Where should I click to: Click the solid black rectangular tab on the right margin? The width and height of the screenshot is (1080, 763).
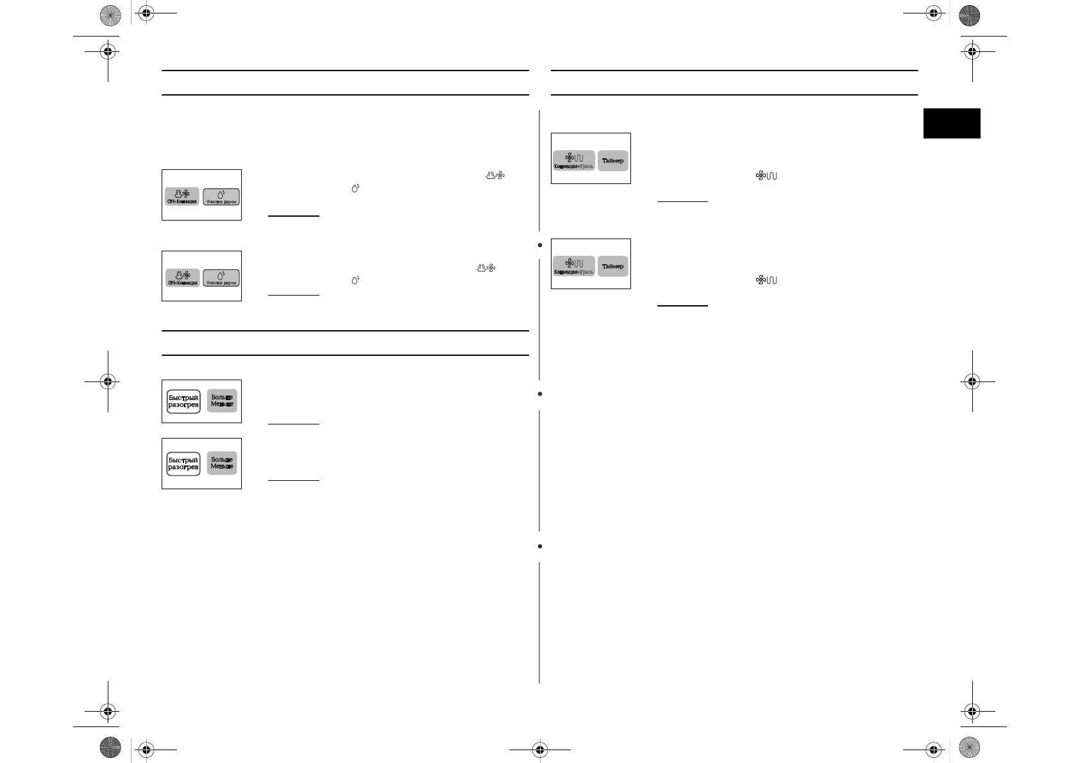[x=952, y=123]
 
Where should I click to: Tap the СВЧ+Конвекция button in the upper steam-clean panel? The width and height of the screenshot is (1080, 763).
[x=182, y=196]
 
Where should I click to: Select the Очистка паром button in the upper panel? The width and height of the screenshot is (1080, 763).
[x=221, y=196]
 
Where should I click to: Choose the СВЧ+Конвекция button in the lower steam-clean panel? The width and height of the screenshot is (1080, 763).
[x=182, y=278]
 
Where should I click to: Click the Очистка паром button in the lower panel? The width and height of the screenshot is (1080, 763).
[x=221, y=278]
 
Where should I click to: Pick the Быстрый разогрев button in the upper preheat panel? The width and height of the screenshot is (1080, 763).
[x=183, y=401]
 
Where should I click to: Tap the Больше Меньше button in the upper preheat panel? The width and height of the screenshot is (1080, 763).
[x=222, y=400]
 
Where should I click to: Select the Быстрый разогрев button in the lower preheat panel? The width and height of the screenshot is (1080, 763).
[x=183, y=463]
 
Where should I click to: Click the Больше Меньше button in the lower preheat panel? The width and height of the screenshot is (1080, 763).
[x=222, y=463]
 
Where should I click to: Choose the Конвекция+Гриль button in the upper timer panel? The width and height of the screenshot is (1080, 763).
[x=574, y=160]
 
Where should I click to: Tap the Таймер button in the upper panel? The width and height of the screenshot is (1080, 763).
[x=612, y=160]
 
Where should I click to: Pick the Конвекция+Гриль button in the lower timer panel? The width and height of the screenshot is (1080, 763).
[x=574, y=266]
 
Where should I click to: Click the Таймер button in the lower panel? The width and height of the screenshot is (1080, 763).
[x=612, y=266]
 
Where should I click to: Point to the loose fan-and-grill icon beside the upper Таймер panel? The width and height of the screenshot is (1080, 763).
[x=766, y=176]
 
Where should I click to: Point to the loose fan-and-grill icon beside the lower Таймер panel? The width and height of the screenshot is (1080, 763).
[x=766, y=280]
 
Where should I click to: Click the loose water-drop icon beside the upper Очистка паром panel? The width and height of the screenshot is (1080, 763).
[x=355, y=189]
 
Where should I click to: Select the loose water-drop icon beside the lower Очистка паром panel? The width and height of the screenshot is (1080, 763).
[x=355, y=280]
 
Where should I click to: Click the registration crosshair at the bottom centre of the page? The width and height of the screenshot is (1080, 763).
[x=539, y=748]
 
